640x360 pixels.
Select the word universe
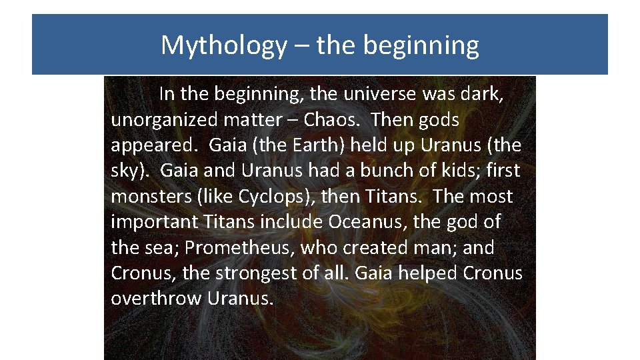click(377, 95)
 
